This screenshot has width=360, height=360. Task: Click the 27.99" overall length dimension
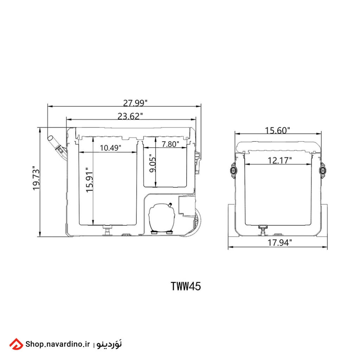pos(135,103)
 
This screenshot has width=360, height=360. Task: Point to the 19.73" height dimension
pos(36,178)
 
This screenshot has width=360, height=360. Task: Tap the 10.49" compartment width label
pos(110,148)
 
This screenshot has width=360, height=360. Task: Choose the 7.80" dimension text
pos(170,144)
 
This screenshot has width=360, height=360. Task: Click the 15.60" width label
pos(277,130)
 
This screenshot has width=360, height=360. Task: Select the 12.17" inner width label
pos(279,160)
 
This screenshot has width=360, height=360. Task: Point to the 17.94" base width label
pos(279,243)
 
